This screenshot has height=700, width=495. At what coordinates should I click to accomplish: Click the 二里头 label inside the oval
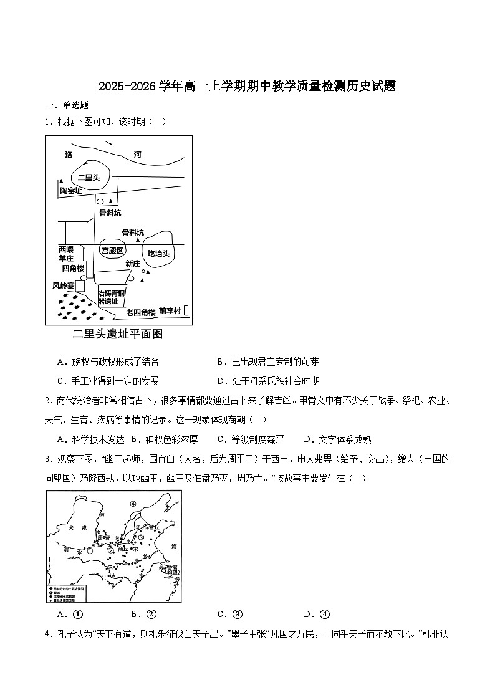[89, 177]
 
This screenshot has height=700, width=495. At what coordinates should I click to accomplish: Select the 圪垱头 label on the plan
[158, 254]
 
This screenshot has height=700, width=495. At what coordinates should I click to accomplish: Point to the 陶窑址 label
[70, 191]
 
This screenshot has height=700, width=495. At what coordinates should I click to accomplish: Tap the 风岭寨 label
[64, 286]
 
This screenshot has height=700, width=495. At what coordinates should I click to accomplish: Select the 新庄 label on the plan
[133, 264]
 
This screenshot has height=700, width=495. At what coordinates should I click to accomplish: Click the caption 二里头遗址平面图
[118, 334]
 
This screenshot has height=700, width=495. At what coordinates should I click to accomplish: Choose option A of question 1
[107, 362]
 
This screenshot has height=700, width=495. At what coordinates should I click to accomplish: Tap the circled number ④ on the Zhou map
[133, 504]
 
